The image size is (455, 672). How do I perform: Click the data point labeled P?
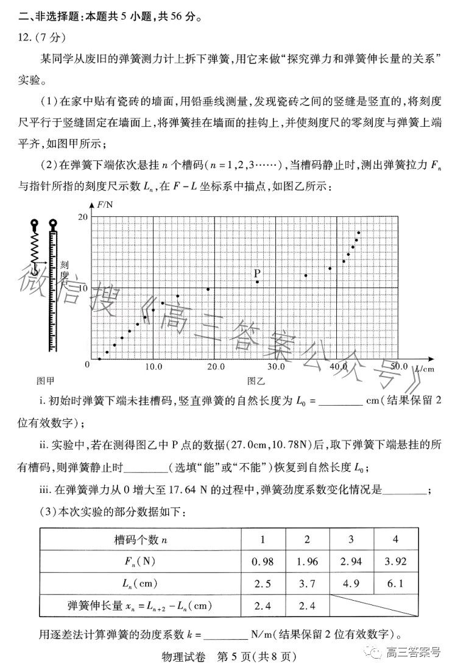[x=258, y=281]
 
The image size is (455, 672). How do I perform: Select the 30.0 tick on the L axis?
[x=276, y=367]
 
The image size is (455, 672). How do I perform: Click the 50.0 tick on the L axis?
[x=398, y=366]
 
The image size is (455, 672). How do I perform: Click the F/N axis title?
[x=107, y=205]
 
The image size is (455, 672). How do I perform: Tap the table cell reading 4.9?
[x=351, y=583]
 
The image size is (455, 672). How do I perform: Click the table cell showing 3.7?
[x=307, y=583]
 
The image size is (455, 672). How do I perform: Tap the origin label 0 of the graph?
[x=87, y=364]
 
